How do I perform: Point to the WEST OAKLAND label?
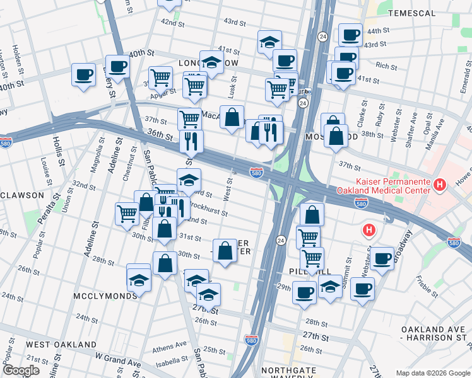[x=61, y=345]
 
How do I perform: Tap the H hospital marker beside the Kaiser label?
[x=441, y=185]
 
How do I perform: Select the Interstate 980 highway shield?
[x=252, y=339]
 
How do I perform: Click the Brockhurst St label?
[x=208, y=209]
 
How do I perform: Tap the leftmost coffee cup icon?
[x=83, y=75]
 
